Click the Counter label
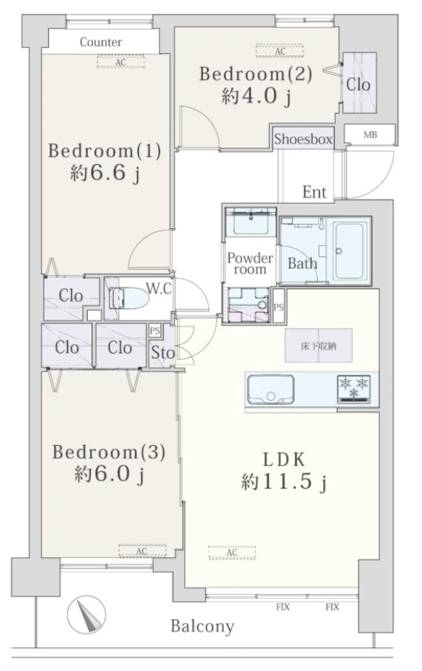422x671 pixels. (101, 42)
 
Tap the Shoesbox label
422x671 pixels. (303, 139)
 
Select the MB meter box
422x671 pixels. (370, 135)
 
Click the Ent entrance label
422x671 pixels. (314, 192)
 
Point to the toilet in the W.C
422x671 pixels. (129, 297)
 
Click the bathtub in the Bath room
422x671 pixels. (350, 250)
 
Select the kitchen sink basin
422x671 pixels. (270, 390)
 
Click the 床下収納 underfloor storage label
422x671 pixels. (319, 345)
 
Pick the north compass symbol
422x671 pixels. (86, 614)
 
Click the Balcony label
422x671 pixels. (203, 627)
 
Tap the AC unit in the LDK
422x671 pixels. (232, 552)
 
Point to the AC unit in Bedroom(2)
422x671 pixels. (280, 51)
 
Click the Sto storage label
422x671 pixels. (163, 353)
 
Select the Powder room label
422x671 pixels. (250, 264)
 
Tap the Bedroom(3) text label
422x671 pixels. (109, 452)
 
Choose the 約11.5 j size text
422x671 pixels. (284, 482)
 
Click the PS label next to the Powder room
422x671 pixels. (279, 307)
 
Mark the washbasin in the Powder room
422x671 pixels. (251, 221)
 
